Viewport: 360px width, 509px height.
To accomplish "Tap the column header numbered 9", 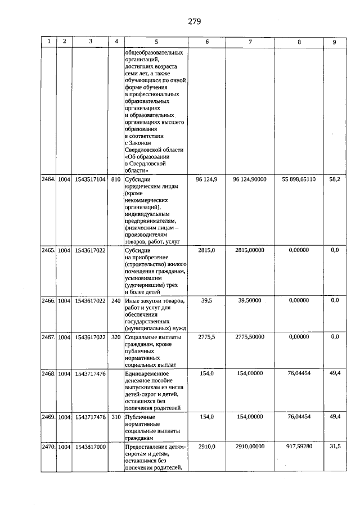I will pos(334,41).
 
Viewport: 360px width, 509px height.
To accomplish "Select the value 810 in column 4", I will pos(116,179).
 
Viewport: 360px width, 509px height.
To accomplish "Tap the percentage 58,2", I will pos(334,179).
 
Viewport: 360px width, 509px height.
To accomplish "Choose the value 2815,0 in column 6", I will pos(208,250).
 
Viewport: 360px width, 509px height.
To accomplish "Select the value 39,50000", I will pos(250,300).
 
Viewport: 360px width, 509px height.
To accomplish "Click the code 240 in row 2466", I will pos(116,300).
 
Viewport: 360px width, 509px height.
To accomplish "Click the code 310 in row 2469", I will pos(116,416).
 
